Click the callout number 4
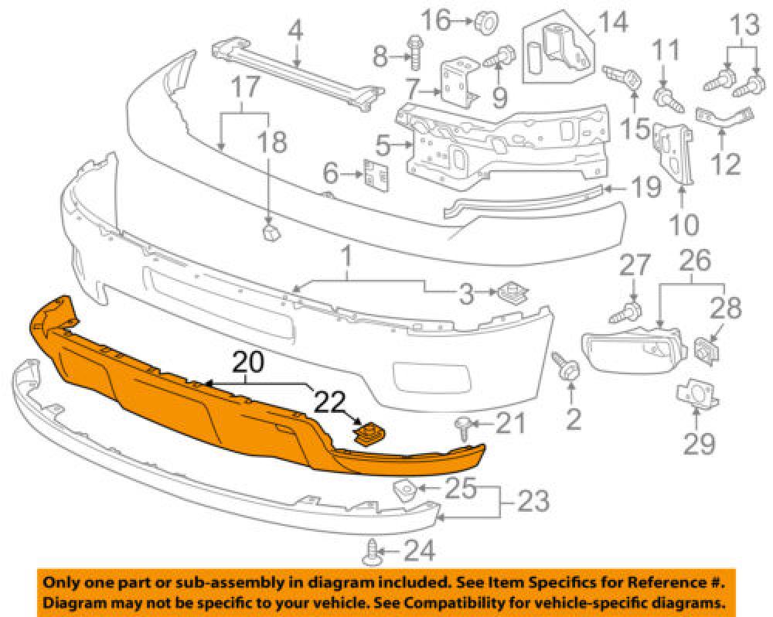click(295, 32)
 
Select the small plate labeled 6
click(376, 175)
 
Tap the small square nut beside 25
click(404, 489)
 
